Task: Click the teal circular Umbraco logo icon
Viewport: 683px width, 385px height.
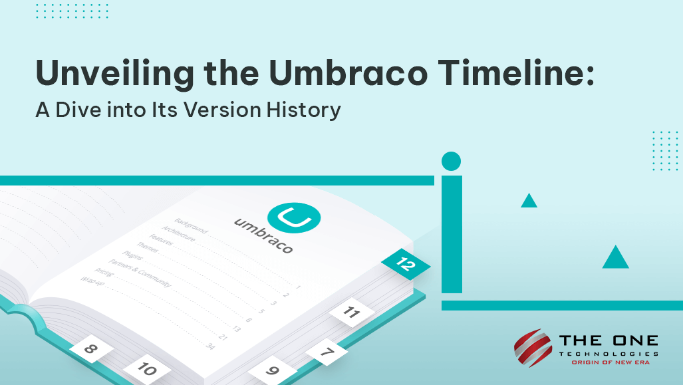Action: pyautogui.click(x=293, y=217)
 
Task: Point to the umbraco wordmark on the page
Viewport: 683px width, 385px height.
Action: pyautogui.click(x=263, y=235)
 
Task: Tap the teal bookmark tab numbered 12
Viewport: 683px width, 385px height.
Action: pyautogui.click(x=406, y=264)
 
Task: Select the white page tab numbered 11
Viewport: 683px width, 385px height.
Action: pyautogui.click(x=351, y=311)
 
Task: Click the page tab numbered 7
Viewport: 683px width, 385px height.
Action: pyautogui.click(x=326, y=352)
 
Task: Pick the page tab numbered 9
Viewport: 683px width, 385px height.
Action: pyautogui.click(x=272, y=370)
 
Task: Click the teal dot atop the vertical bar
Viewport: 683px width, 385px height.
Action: pyautogui.click(x=451, y=161)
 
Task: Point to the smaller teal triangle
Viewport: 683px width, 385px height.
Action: pyautogui.click(x=529, y=201)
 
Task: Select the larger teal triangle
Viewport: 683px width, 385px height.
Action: pyautogui.click(x=615, y=259)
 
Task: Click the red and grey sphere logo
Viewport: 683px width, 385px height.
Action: pyautogui.click(x=533, y=348)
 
